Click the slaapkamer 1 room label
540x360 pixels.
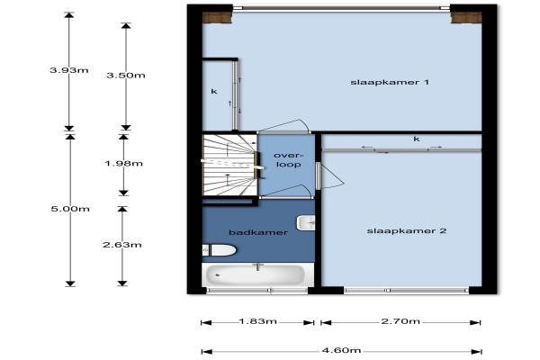(x=390, y=82)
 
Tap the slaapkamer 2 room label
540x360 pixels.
(x=407, y=230)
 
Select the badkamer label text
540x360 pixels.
(x=258, y=232)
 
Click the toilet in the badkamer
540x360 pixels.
(x=219, y=250)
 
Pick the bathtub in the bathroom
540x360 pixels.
(x=256, y=274)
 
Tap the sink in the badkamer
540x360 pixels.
(x=306, y=223)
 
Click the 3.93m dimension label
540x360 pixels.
(x=69, y=70)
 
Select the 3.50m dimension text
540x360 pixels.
(x=126, y=76)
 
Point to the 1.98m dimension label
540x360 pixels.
(x=123, y=163)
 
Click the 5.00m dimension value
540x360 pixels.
(x=70, y=209)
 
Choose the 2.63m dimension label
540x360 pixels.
(x=122, y=245)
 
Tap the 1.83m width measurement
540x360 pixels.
(x=258, y=321)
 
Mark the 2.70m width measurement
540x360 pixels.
(x=400, y=321)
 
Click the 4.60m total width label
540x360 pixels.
(x=341, y=351)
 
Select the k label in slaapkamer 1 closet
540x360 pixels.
(x=214, y=92)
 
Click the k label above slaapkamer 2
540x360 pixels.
(x=417, y=139)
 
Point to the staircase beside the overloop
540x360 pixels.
(x=229, y=165)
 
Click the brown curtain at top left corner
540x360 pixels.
(x=216, y=18)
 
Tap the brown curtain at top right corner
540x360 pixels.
(x=466, y=18)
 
